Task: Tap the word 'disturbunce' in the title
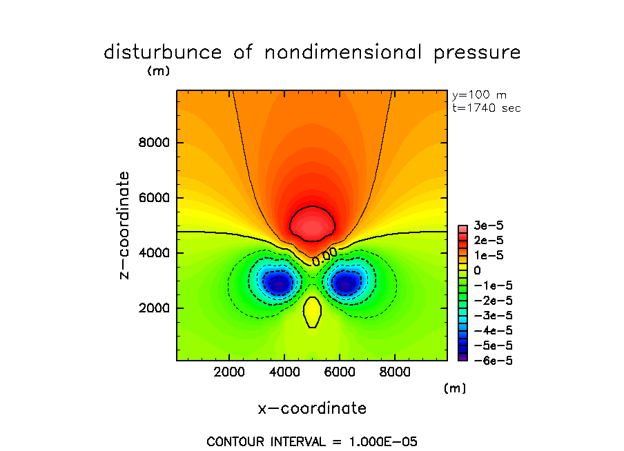tap(163, 53)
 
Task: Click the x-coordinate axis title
tap(312, 408)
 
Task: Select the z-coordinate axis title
tap(125, 225)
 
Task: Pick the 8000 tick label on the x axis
tap(394, 372)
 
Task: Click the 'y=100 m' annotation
tap(478, 95)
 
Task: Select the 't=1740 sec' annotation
tap(486, 108)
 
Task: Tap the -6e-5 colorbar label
tap(489, 359)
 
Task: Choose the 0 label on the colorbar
tap(477, 271)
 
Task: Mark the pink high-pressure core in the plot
tap(313, 224)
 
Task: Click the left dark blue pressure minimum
tap(278, 283)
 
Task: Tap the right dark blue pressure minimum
tap(345, 283)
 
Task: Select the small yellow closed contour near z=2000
tap(313, 312)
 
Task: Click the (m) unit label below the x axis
tap(454, 388)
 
